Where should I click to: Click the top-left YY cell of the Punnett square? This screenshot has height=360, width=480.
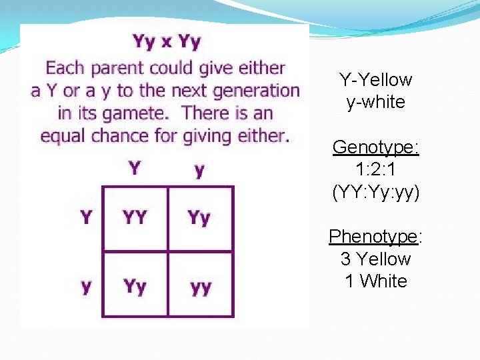(135, 217)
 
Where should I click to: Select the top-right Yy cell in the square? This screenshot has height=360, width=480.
(199, 217)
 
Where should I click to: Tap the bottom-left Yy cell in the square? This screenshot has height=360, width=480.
(135, 286)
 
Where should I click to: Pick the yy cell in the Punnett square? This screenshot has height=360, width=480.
(200, 287)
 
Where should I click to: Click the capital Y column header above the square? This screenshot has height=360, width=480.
(135, 167)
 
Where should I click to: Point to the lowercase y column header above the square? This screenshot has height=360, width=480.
(199, 170)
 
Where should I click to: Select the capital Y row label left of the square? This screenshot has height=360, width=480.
(86, 217)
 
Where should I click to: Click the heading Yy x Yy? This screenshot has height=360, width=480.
(167, 43)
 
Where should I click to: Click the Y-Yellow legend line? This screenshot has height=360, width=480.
(376, 80)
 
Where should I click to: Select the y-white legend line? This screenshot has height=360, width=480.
(376, 102)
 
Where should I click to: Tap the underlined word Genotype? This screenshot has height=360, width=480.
(376, 147)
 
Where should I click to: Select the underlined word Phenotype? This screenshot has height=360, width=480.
(376, 237)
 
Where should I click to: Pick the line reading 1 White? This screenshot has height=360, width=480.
(376, 281)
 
